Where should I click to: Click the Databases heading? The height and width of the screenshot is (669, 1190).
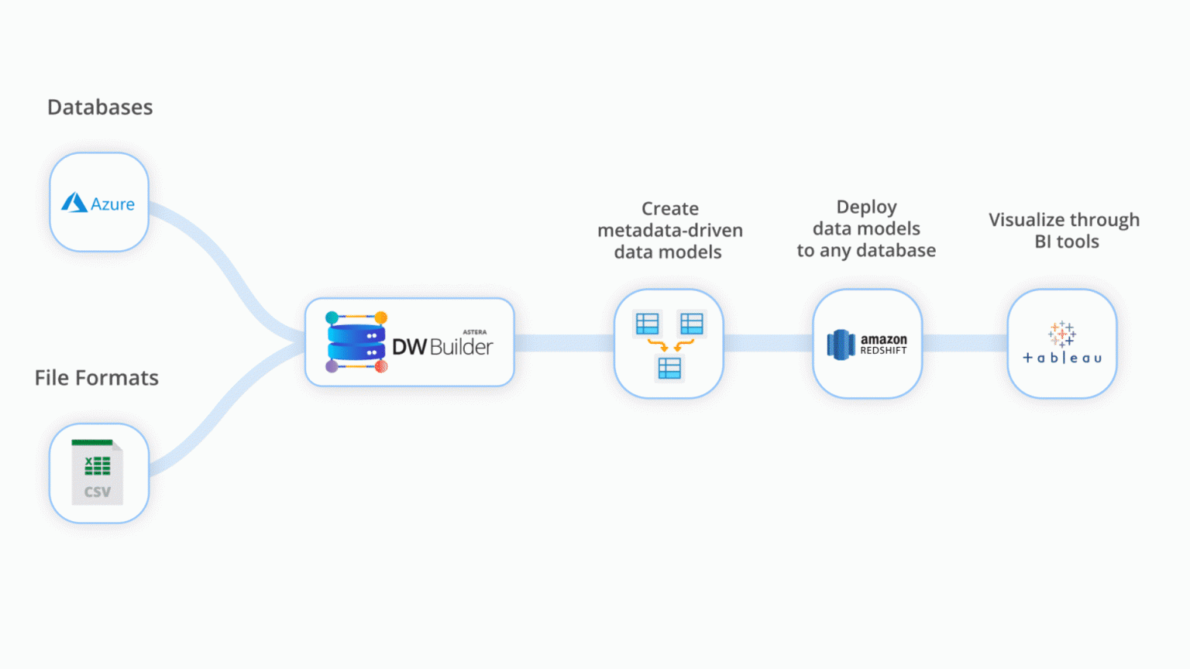(x=100, y=107)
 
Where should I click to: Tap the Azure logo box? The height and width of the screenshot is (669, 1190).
(x=98, y=202)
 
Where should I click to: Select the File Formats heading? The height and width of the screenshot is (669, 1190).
(x=97, y=378)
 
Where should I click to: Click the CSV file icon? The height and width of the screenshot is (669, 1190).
(x=97, y=472)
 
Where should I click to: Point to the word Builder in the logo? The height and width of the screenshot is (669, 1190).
(x=461, y=347)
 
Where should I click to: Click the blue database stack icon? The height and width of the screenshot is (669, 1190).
(x=356, y=342)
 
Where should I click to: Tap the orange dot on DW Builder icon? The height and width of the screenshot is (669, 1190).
(x=381, y=317)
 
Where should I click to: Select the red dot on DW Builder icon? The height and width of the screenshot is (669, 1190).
(x=381, y=366)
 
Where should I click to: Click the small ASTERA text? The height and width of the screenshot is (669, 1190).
(x=475, y=332)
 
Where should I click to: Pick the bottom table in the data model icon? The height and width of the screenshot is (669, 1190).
(x=669, y=369)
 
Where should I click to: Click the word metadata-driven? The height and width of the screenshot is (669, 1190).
(x=669, y=230)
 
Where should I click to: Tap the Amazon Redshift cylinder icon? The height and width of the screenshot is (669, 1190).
(x=841, y=345)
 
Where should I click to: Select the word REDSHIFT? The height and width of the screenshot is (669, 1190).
(x=883, y=351)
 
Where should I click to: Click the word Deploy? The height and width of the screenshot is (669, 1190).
(x=866, y=207)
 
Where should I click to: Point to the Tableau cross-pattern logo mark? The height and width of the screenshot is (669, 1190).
(x=1061, y=334)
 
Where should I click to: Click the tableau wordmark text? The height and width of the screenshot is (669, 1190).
(x=1062, y=358)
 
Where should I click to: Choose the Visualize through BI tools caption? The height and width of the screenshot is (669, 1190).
(x=1064, y=231)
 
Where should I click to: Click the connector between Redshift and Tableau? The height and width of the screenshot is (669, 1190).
(x=965, y=343)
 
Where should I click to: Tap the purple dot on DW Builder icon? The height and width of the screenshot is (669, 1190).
(x=332, y=366)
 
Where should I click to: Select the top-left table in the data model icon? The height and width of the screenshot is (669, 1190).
(x=647, y=323)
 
